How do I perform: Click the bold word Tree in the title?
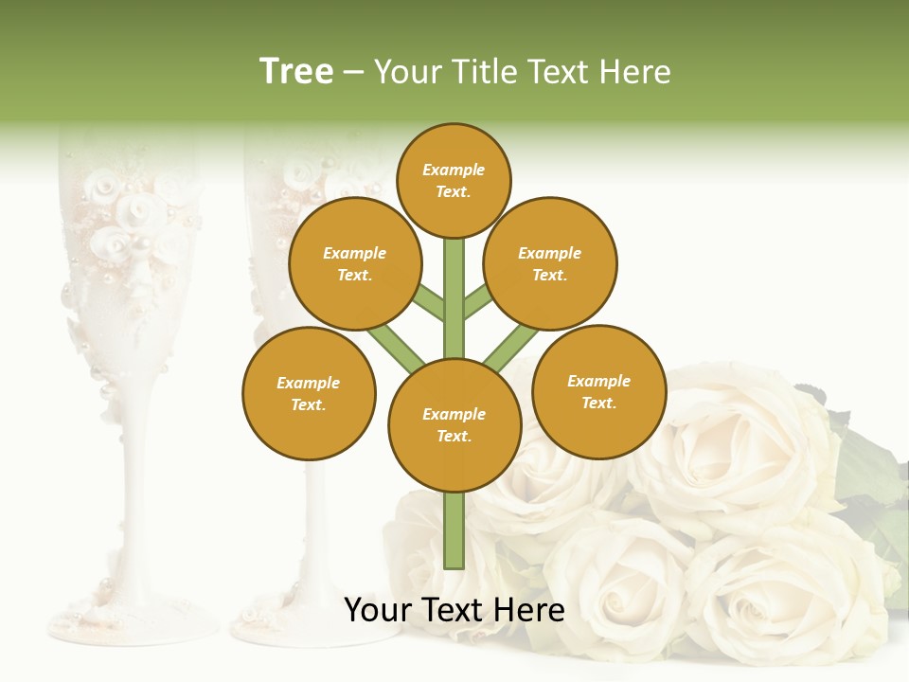[x=296, y=72]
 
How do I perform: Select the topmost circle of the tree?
[x=454, y=180]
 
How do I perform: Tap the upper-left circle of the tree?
[x=354, y=263]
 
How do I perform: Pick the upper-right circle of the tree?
[x=549, y=263]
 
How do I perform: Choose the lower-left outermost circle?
[x=309, y=393]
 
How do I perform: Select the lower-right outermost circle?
[x=598, y=391]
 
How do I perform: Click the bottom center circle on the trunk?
[x=454, y=424]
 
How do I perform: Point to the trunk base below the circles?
[x=454, y=535]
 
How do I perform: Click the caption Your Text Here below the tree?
[x=454, y=610]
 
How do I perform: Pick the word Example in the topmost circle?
[x=454, y=170]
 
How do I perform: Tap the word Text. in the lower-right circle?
[x=598, y=403]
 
